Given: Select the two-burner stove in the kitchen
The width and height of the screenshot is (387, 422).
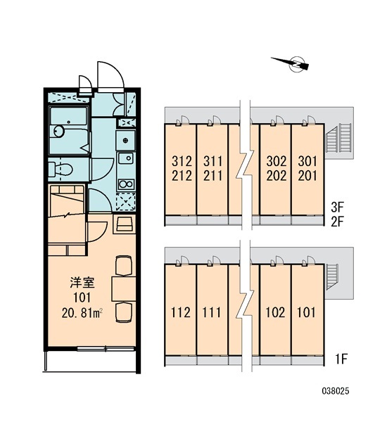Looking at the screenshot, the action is [x=126, y=184].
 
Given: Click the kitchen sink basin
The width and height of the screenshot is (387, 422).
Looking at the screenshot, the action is [x=126, y=158].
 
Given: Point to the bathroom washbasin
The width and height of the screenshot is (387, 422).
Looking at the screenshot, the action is [x=59, y=132].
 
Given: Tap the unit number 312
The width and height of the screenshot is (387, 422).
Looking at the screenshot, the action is [x=182, y=161].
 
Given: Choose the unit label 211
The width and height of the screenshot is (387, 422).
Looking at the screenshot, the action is [x=212, y=176].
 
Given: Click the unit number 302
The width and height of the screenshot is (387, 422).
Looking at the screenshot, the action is [x=277, y=161].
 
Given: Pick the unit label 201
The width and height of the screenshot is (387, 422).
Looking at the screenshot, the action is [x=307, y=176].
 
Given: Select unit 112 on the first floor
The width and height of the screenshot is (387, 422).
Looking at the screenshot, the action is [x=180, y=312].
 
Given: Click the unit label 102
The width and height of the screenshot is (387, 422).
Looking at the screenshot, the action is [x=275, y=312].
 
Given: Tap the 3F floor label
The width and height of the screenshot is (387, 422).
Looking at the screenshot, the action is [x=338, y=207].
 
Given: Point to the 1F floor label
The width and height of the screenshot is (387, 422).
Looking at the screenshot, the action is [x=341, y=359].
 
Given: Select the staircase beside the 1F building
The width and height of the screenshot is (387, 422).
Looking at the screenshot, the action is [x=331, y=276].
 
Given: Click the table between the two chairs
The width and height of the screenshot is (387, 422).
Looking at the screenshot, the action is [x=124, y=288].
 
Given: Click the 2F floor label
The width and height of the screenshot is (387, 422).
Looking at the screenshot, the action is [x=338, y=222].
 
